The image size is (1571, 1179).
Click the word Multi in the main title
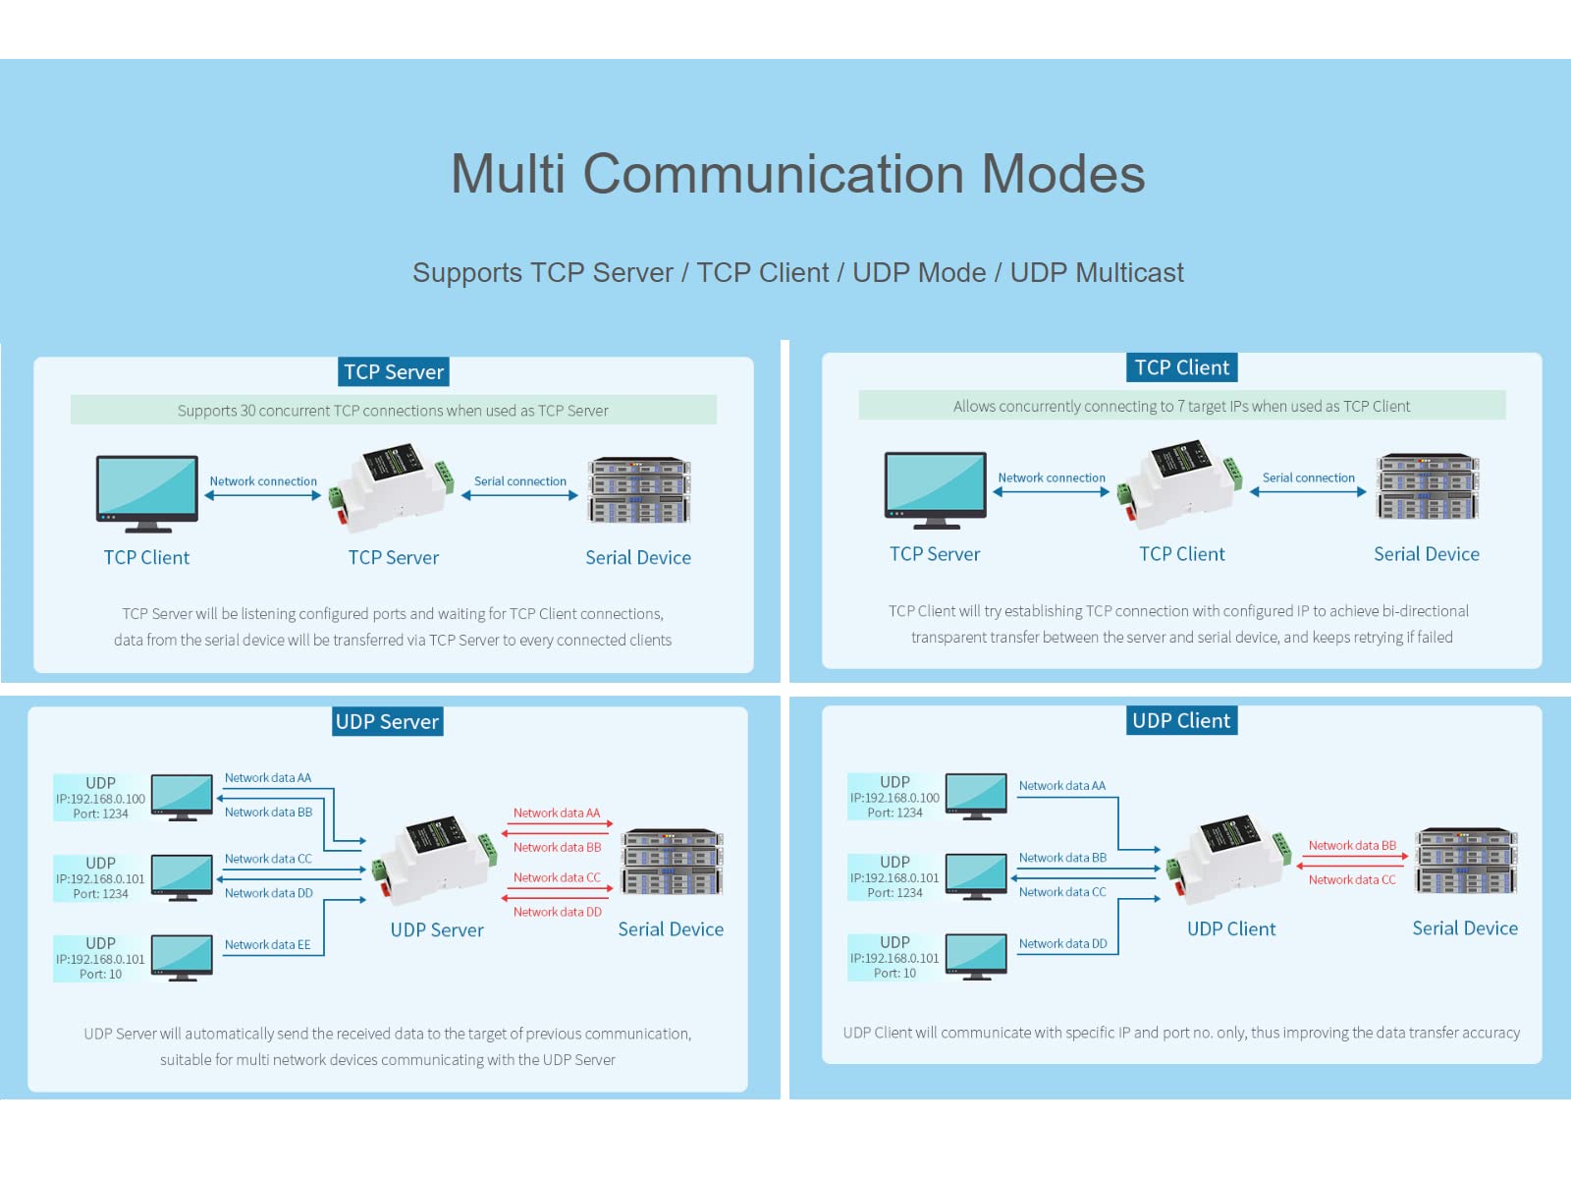click(x=508, y=174)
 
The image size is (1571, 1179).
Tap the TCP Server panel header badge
click(x=394, y=372)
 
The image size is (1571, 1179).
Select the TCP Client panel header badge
click(x=1181, y=367)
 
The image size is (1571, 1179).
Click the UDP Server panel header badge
click(x=387, y=721)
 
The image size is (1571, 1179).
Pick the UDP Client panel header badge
click(x=1181, y=720)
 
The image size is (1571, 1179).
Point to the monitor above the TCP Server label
click(x=935, y=489)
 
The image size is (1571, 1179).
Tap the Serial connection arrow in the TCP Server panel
click(x=520, y=496)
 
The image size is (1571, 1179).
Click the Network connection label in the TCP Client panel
click(x=1052, y=478)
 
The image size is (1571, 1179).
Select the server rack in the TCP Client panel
click(x=1427, y=487)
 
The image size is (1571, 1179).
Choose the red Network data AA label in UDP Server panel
click(x=557, y=814)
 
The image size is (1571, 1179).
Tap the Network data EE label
click(x=267, y=945)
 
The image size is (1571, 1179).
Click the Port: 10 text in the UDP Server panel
click(x=101, y=975)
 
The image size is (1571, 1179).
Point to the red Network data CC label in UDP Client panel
click(x=1352, y=880)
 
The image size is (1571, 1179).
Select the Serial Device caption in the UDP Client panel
click(x=1465, y=928)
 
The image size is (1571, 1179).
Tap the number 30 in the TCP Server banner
click(x=248, y=411)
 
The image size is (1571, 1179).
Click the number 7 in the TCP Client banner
click(x=1181, y=407)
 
